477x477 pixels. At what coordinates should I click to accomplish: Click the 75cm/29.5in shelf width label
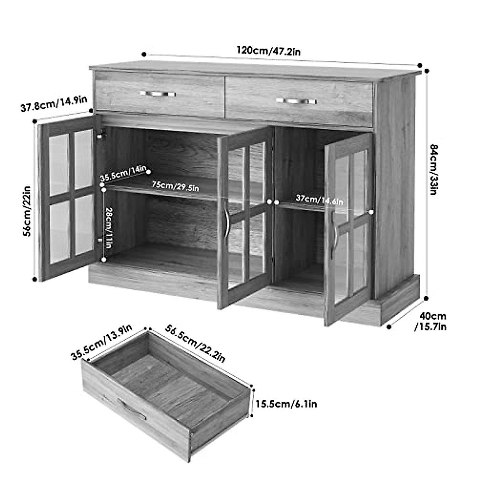click(175, 186)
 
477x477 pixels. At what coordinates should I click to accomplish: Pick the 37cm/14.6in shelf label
click(319, 199)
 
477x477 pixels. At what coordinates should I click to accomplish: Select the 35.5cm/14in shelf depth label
click(123, 174)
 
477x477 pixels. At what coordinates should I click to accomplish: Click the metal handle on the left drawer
click(158, 94)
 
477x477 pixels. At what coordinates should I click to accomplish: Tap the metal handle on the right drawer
click(296, 101)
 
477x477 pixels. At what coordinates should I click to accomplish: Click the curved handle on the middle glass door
click(227, 223)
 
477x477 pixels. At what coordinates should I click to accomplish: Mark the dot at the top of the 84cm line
click(427, 71)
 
